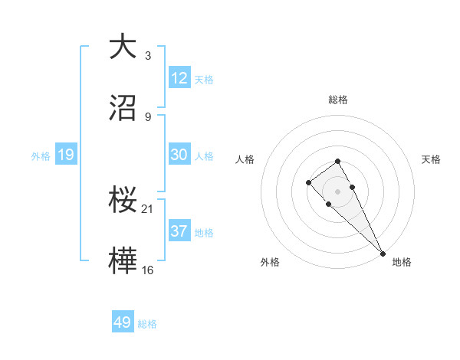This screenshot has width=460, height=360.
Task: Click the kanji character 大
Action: pos(123,46)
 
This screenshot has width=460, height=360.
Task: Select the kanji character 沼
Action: pos(123,108)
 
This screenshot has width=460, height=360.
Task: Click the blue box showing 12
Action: pos(179,78)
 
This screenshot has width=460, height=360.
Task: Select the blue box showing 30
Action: pos(179,155)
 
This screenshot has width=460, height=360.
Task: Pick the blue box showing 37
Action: pos(179,231)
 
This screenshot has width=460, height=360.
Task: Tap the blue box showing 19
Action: pos(66,155)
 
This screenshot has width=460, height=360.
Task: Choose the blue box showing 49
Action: pos(123,322)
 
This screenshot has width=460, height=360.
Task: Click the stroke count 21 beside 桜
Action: pos(149,208)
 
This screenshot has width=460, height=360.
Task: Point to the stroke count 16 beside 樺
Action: pos(149,270)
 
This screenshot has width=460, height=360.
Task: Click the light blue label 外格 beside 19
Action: pos(41,156)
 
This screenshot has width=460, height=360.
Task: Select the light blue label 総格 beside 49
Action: pos(147,324)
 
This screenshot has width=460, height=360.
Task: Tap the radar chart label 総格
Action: pos(338,100)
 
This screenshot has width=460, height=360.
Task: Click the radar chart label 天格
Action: pos(432,159)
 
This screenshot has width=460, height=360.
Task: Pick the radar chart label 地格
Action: pos(402,262)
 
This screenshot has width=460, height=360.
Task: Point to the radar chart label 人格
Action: pos(245,159)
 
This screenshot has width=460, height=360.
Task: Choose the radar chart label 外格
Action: pos(270,262)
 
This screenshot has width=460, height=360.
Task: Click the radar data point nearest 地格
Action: pos(383,253)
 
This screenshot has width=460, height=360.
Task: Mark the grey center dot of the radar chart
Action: pos(338,191)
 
